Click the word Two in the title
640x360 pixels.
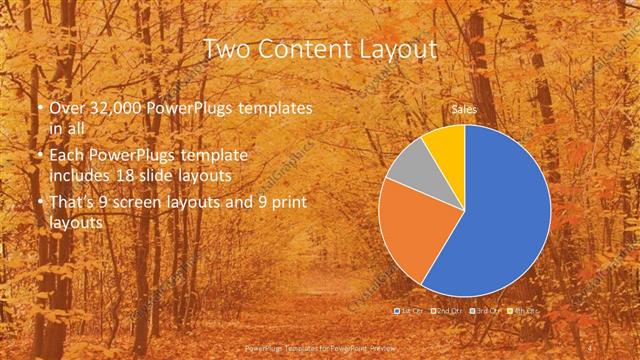(x=226, y=49)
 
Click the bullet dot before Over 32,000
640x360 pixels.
(x=39, y=107)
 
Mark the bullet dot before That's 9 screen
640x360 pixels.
(x=39, y=204)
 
